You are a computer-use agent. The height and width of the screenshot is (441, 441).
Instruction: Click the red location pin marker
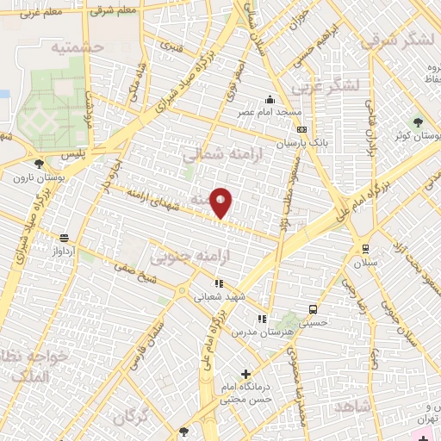(x=221, y=202)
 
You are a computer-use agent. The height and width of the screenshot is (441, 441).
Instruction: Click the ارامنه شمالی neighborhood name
(x=215, y=153)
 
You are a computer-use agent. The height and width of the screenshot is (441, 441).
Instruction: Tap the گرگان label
(x=130, y=417)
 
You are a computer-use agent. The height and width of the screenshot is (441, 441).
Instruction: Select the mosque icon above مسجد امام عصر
(x=270, y=100)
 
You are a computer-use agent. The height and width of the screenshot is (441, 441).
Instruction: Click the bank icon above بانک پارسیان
(x=301, y=128)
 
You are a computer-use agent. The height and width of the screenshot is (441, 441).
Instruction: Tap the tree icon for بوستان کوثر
(x=419, y=122)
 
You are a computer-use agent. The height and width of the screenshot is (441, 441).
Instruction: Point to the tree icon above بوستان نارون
(x=38, y=163)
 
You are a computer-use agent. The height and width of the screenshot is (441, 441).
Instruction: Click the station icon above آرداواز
(x=64, y=238)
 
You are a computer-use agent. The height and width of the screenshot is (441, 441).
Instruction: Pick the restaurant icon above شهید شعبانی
(x=220, y=283)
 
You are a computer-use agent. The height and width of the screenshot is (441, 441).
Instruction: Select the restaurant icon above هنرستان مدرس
(x=262, y=319)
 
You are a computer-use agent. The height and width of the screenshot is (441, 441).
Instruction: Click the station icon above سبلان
(x=366, y=248)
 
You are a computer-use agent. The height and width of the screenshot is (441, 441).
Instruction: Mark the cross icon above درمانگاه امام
(x=246, y=374)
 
